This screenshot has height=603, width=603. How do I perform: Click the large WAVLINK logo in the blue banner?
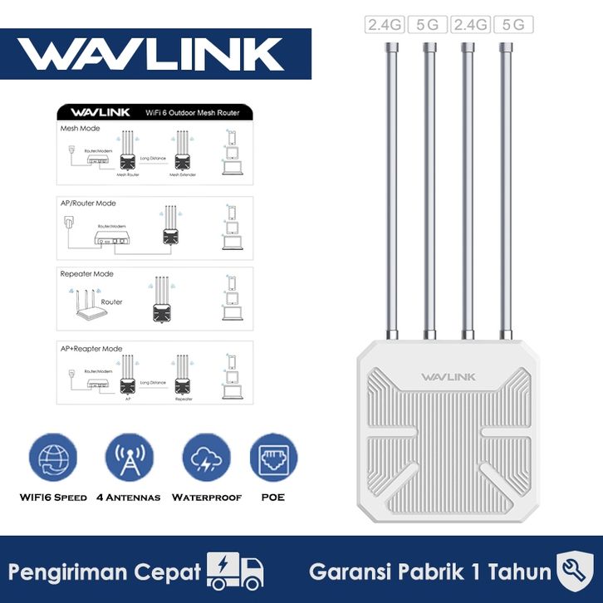click(152, 53)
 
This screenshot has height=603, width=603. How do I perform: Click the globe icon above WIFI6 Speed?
click(53, 458)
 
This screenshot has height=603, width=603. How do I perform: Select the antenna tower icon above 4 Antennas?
click(130, 458)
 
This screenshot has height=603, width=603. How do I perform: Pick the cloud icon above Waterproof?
click(206, 458)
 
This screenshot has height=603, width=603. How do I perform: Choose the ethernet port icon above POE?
click(273, 458)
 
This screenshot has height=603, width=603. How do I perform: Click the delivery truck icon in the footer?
click(237, 571)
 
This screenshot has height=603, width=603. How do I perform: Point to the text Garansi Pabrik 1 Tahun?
click(429, 571)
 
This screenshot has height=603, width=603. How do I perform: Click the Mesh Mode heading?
click(80, 130)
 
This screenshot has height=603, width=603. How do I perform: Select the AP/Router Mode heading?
click(88, 203)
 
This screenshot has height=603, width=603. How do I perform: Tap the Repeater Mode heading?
click(86, 273)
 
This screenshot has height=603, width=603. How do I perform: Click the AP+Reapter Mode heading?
click(91, 348)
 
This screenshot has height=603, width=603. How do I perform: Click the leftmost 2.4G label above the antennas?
click(385, 25)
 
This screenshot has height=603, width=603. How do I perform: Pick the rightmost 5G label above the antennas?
click(513, 25)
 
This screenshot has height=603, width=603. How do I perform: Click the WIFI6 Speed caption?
click(53, 498)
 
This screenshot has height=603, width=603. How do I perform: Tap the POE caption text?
click(273, 498)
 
